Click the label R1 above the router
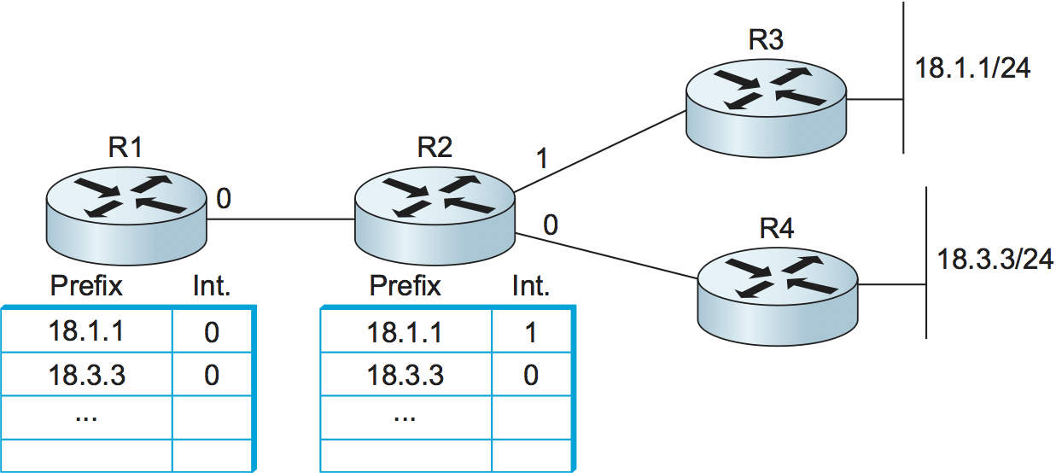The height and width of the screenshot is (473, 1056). (x=125, y=148)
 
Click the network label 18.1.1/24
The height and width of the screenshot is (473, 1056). (x=972, y=68)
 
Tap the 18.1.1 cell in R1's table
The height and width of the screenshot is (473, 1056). (x=87, y=331)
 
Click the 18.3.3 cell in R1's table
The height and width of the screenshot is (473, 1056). (x=87, y=374)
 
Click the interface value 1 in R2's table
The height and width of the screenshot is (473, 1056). (x=530, y=331)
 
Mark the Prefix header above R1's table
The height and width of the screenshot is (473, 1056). (x=86, y=285)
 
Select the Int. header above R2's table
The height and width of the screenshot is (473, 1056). (x=530, y=285)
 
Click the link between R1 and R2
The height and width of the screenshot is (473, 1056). (x=281, y=219)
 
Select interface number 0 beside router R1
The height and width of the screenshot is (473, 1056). (x=223, y=200)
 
